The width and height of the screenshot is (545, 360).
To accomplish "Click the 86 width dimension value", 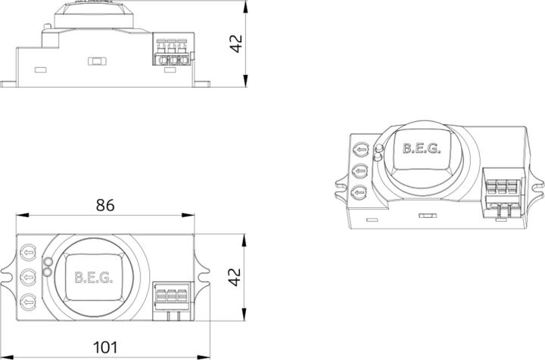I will point(105,205).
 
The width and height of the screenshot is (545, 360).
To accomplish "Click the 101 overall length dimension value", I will point(105,347).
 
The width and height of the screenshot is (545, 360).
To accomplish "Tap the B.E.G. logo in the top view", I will point(94,277).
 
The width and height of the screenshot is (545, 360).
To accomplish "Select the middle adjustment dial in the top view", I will point(29,275).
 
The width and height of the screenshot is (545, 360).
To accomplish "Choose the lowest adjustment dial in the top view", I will point(29,300).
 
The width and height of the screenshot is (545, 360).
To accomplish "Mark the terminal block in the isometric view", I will point(500,194).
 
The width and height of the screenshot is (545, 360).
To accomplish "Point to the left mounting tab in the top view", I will point(9,276).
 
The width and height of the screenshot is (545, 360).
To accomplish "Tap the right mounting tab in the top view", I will point(203,276).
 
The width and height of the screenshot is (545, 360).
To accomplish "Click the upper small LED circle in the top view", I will point(48,262).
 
